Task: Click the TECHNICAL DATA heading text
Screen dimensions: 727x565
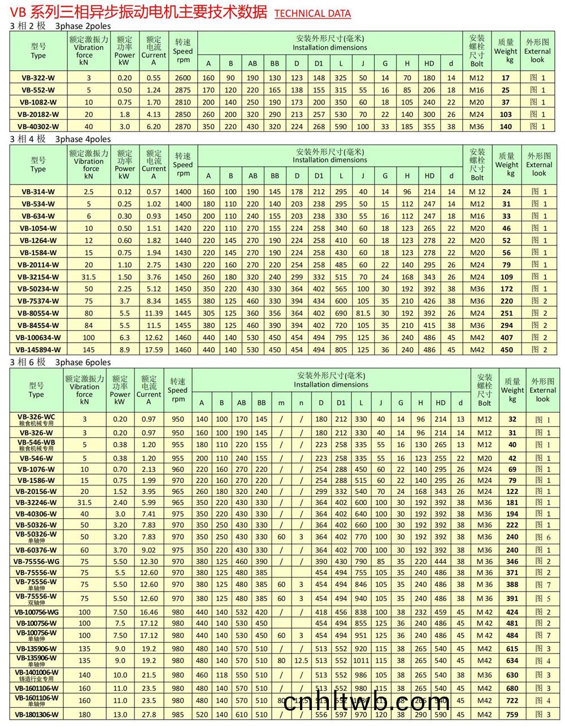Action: click(312, 14)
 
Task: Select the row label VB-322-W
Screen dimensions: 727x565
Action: click(38, 78)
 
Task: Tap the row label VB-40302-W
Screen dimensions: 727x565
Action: click(38, 126)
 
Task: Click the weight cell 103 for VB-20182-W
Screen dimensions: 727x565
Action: click(506, 115)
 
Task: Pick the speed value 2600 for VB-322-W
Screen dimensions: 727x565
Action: click(183, 78)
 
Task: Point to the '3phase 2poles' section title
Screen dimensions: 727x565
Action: click(83, 26)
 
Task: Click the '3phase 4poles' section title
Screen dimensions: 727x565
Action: click(83, 139)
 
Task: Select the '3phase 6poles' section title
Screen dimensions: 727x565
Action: click(83, 362)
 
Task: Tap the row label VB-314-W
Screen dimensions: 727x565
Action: click(38, 191)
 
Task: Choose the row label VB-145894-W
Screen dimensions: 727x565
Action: click(38, 350)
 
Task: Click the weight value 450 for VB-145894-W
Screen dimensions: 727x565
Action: click(507, 350)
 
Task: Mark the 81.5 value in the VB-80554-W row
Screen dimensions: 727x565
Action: click(363, 313)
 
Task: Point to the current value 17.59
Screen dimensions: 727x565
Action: click(154, 350)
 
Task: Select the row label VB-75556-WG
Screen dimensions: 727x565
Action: click(37, 562)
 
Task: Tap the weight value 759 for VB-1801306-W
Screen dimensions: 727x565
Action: click(512, 715)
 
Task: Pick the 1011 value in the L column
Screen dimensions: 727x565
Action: click(361, 660)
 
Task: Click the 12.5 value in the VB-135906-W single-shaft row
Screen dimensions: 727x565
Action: click(301, 660)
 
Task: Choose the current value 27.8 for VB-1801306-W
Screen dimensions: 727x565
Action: click(149, 715)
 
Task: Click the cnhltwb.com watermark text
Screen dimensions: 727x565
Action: click(367, 703)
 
